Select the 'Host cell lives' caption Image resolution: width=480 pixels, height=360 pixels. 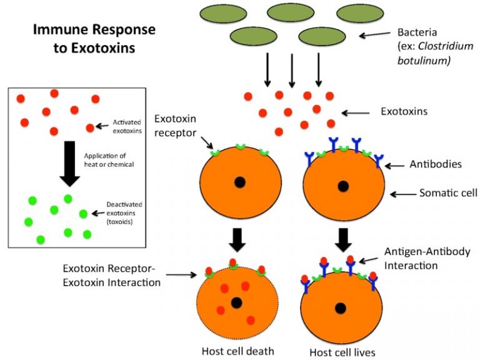pyautogui.click(x=342, y=352)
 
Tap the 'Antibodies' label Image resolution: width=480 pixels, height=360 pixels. pyautogui.click(x=435, y=164)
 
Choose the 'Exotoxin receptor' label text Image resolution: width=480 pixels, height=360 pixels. pyautogui.click(x=176, y=124)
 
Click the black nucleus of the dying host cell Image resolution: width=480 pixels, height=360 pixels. pyautogui.click(x=236, y=303)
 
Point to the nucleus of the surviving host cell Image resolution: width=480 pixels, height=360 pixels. pyautogui.click(x=341, y=307)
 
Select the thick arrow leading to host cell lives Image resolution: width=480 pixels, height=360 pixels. pyautogui.click(x=342, y=239)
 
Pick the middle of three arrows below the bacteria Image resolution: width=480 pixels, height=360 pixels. pyautogui.click(x=291, y=70)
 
